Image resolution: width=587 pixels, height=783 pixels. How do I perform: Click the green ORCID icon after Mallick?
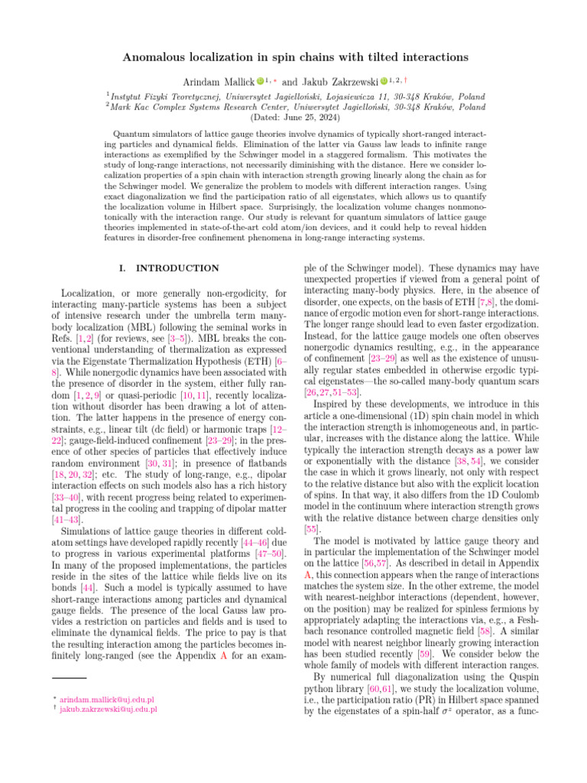click(x=261, y=80)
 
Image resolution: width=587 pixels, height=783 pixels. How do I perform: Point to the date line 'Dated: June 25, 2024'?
click(x=293, y=118)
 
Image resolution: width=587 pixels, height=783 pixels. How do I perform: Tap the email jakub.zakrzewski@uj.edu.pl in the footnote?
click(x=109, y=709)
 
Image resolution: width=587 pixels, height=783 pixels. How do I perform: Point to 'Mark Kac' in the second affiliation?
click(x=128, y=107)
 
